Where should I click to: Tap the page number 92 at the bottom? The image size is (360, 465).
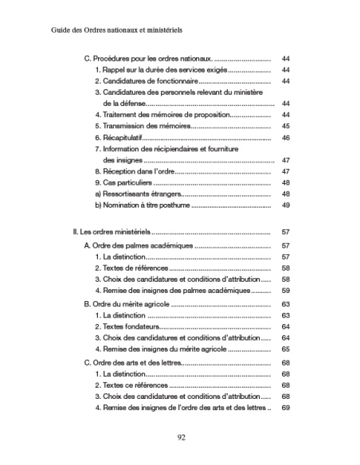tap(180, 436)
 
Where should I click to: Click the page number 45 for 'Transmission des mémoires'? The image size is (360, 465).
tap(285, 126)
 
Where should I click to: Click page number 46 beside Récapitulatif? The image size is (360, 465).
tap(285, 137)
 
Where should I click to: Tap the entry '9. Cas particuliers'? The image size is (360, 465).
tap(123, 182)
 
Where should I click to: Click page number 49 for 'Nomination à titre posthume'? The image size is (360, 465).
tap(285, 205)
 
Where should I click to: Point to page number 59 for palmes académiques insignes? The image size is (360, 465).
tap(285, 291)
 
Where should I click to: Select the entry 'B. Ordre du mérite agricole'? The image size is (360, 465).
tap(128, 304)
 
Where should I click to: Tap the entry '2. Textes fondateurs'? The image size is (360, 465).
tap(127, 326)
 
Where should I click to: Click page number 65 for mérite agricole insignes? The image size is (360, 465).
tap(285, 349)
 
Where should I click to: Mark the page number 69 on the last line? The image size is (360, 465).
tap(285, 408)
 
